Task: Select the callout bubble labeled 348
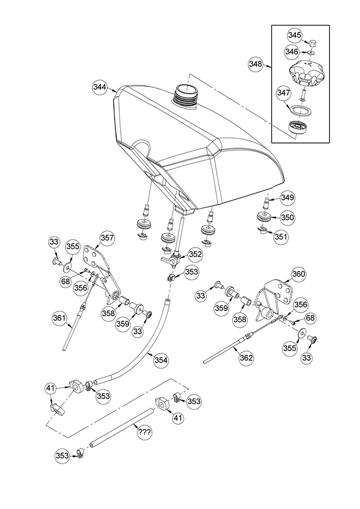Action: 255,64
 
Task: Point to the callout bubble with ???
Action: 144,432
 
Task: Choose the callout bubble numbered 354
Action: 161,360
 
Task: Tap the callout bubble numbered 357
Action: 107,238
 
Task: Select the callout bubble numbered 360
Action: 298,274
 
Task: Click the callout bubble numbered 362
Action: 247,358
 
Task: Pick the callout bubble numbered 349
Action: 287,198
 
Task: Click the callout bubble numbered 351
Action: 281,236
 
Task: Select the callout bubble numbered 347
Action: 283,93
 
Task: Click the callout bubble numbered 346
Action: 291,52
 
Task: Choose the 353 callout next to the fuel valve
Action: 192,272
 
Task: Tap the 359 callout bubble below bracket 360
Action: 222,308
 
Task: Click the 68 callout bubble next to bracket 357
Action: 66,281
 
